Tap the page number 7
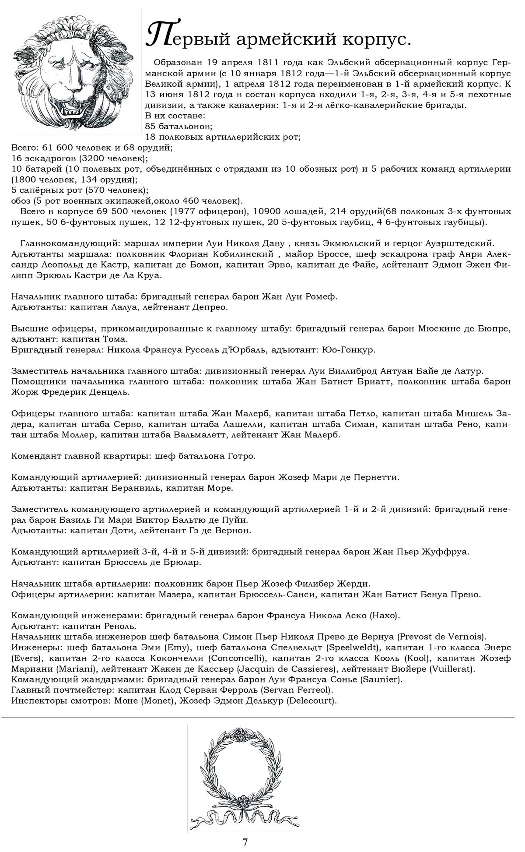click(245, 842)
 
